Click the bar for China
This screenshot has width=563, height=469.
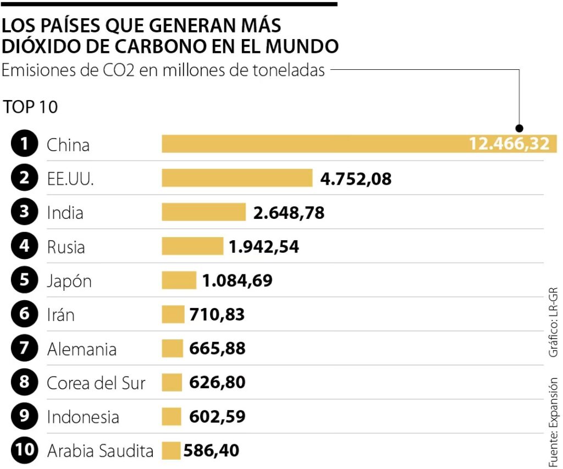[x=313, y=144]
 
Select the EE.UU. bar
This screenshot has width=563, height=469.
[x=237, y=178]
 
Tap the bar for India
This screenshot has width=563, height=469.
[x=203, y=212]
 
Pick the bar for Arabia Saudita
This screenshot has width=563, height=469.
[x=171, y=451]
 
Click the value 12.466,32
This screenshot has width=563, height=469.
[x=509, y=144]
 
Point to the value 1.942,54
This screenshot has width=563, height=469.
[x=264, y=247]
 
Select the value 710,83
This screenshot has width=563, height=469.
[x=217, y=315]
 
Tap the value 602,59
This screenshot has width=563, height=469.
[x=217, y=416]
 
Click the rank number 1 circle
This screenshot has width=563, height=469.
[x=24, y=145]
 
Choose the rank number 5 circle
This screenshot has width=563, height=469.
[x=24, y=280]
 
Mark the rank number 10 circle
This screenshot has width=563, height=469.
[x=24, y=451]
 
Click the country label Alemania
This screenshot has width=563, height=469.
[x=82, y=349]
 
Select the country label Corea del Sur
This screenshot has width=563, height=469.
[x=96, y=383]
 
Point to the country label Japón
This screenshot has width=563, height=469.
[x=69, y=281]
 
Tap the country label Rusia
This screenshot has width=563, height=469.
[x=66, y=247]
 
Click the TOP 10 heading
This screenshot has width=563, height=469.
[x=30, y=107]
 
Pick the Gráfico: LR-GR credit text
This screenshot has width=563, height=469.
[x=553, y=322]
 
